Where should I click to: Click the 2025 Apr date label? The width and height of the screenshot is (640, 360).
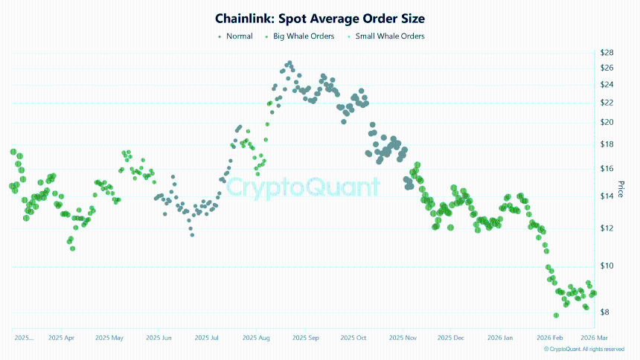click(x=61, y=338)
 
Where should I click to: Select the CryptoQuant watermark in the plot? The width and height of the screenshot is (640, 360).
click(x=303, y=187)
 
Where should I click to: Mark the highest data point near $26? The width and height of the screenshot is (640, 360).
click(x=289, y=63)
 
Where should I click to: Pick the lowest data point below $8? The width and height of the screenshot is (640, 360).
click(x=557, y=315)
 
